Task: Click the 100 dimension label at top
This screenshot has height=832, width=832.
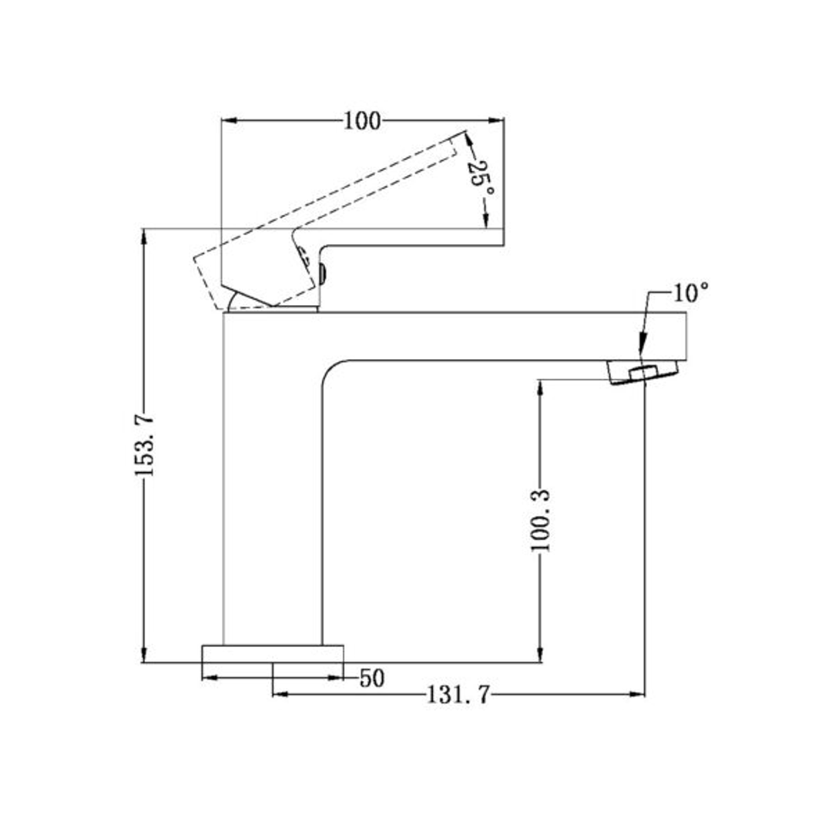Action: coord(362,121)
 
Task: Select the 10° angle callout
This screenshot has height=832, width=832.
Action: coord(690,293)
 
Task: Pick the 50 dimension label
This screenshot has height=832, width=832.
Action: coord(372,679)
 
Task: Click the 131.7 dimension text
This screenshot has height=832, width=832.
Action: coord(458,696)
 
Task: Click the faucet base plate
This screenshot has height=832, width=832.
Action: coord(272,653)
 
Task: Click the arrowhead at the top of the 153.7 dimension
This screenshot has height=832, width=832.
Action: coord(144,235)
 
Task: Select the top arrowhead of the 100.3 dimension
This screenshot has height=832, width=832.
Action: coord(541,387)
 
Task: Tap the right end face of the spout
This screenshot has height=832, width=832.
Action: coord(685,336)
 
